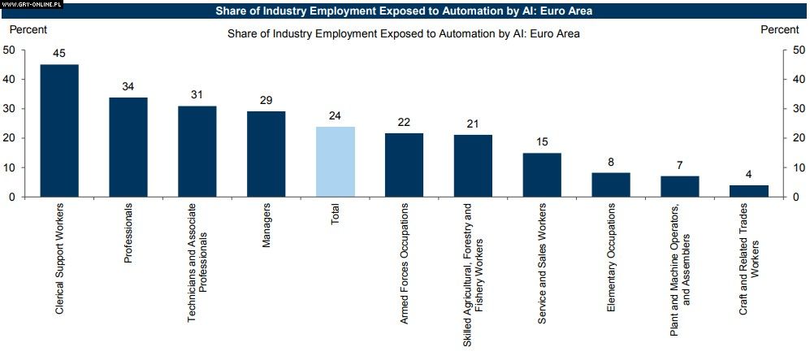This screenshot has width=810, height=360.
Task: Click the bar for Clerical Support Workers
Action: tap(59, 130)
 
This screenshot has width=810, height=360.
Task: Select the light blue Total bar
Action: tap(335, 162)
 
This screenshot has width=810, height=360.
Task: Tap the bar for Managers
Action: tap(266, 154)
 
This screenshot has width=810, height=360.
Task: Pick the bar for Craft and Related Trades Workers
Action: tap(748, 191)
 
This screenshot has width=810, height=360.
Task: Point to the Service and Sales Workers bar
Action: tap(542, 175)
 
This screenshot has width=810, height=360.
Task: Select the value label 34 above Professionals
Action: tap(128, 87)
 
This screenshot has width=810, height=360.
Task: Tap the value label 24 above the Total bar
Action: tap(335, 116)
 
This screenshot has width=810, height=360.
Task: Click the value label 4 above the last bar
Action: tap(748, 175)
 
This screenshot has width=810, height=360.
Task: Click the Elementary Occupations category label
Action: tap(611, 258)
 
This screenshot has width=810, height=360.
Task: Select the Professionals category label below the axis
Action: tap(128, 234)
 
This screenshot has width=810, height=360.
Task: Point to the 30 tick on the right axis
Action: tap(799, 109)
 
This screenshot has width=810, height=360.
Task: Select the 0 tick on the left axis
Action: tap(12, 197)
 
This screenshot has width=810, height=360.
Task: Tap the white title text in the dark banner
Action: tap(404, 11)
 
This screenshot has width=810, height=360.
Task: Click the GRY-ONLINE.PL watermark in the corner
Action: tap(32, 4)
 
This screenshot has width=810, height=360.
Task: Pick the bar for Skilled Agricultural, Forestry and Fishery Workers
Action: tap(473, 166)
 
